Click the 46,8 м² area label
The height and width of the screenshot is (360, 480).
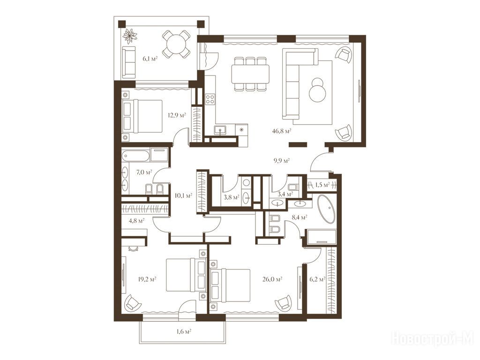click(x=281, y=131)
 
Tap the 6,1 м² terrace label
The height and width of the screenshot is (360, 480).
click(x=150, y=59)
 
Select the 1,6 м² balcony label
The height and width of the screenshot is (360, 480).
click(x=184, y=331)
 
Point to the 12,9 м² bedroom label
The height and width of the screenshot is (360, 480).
click(x=177, y=115)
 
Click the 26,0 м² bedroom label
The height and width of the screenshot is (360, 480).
click(x=272, y=279)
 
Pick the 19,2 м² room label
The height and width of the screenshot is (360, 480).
click(x=147, y=279)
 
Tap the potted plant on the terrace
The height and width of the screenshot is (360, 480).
click(x=130, y=36)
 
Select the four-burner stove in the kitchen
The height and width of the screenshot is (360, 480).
click(x=210, y=99)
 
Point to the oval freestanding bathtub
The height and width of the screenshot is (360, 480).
click(x=326, y=209)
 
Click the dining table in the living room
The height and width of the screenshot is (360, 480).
click(x=250, y=74)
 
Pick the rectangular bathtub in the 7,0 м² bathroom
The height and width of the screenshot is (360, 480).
click(x=135, y=155)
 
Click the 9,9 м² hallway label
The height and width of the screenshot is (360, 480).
click(x=281, y=160)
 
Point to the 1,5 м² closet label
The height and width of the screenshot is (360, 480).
click(x=322, y=185)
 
